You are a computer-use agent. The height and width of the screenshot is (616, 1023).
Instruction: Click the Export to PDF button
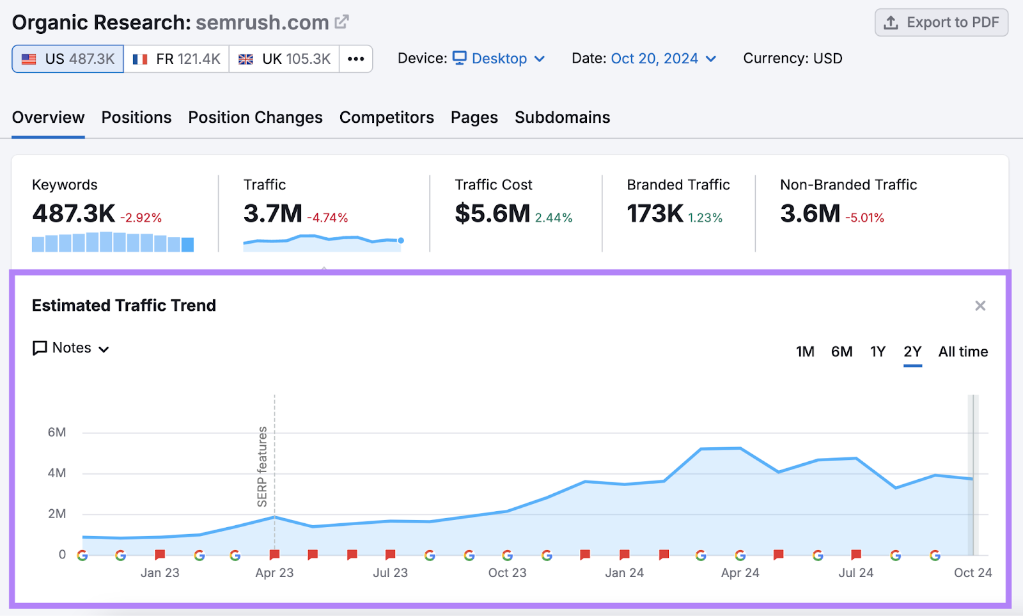click(941, 22)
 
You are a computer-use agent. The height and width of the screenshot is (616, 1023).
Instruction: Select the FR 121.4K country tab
click(176, 59)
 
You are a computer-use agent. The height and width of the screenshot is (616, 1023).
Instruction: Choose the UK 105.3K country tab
click(284, 59)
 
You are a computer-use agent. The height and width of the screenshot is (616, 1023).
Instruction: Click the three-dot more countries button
click(355, 59)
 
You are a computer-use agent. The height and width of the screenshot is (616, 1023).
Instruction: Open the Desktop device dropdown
click(499, 59)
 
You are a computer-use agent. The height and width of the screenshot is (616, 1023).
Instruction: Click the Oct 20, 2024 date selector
click(663, 59)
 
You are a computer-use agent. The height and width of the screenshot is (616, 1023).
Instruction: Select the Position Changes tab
click(255, 118)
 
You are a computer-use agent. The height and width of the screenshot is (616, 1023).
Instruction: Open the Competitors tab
click(386, 118)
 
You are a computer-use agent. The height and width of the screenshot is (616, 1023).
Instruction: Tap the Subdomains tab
click(562, 118)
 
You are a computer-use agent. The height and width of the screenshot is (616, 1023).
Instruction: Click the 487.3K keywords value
click(74, 214)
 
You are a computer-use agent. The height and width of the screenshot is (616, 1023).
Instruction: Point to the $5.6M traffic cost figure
click(492, 214)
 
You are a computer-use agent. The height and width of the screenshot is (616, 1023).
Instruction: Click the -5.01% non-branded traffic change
click(864, 218)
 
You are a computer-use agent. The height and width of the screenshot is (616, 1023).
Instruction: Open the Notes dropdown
click(71, 348)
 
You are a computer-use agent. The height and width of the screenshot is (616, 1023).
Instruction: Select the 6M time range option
click(841, 352)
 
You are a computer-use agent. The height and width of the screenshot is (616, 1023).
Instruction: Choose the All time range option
click(962, 352)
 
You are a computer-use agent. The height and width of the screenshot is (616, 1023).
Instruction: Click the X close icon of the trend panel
click(980, 306)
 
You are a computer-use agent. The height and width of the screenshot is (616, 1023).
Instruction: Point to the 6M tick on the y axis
click(57, 432)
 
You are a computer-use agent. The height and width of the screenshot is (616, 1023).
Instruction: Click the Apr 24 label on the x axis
click(740, 573)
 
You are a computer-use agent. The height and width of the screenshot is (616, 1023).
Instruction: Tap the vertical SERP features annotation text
click(262, 467)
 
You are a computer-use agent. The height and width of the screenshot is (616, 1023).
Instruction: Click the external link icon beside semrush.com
click(342, 22)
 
